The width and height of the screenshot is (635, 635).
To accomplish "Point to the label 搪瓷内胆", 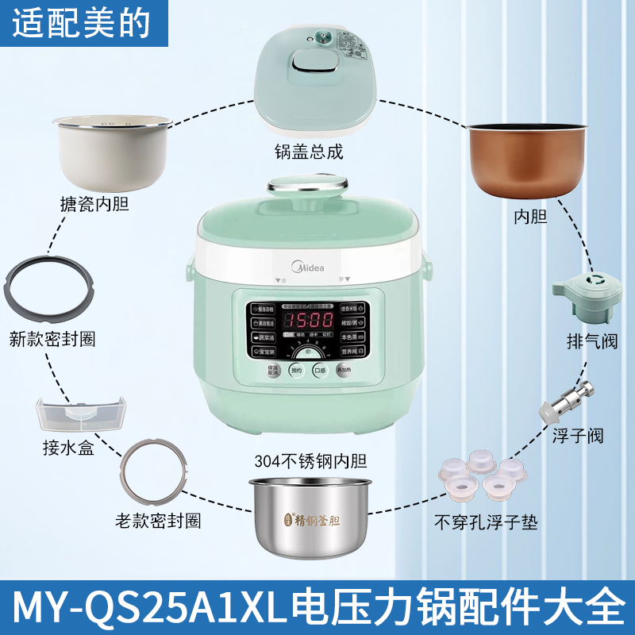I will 94,205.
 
